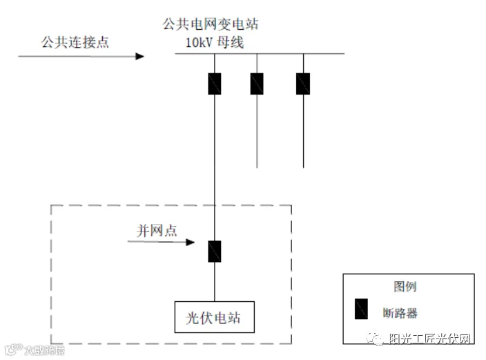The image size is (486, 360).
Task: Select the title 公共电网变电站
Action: (x=211, y=25)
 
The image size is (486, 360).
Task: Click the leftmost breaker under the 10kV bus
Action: (x=215, y=84)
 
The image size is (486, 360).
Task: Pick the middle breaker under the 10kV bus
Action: (x=257, y=84)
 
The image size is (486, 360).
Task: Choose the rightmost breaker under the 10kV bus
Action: (x=303, y=84)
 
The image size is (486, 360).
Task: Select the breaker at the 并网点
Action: (x=215, y=251)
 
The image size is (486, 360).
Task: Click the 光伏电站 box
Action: (x=215, y=318)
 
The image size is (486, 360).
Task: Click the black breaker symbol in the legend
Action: (x=360, y=309)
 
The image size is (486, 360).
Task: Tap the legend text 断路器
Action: (x=401, y=312)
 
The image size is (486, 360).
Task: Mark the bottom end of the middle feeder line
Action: (x=257, y=167)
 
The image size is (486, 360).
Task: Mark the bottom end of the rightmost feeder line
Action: (x=303, y=167)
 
